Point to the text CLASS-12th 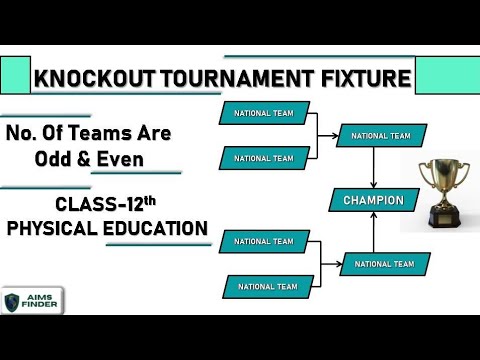101,206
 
